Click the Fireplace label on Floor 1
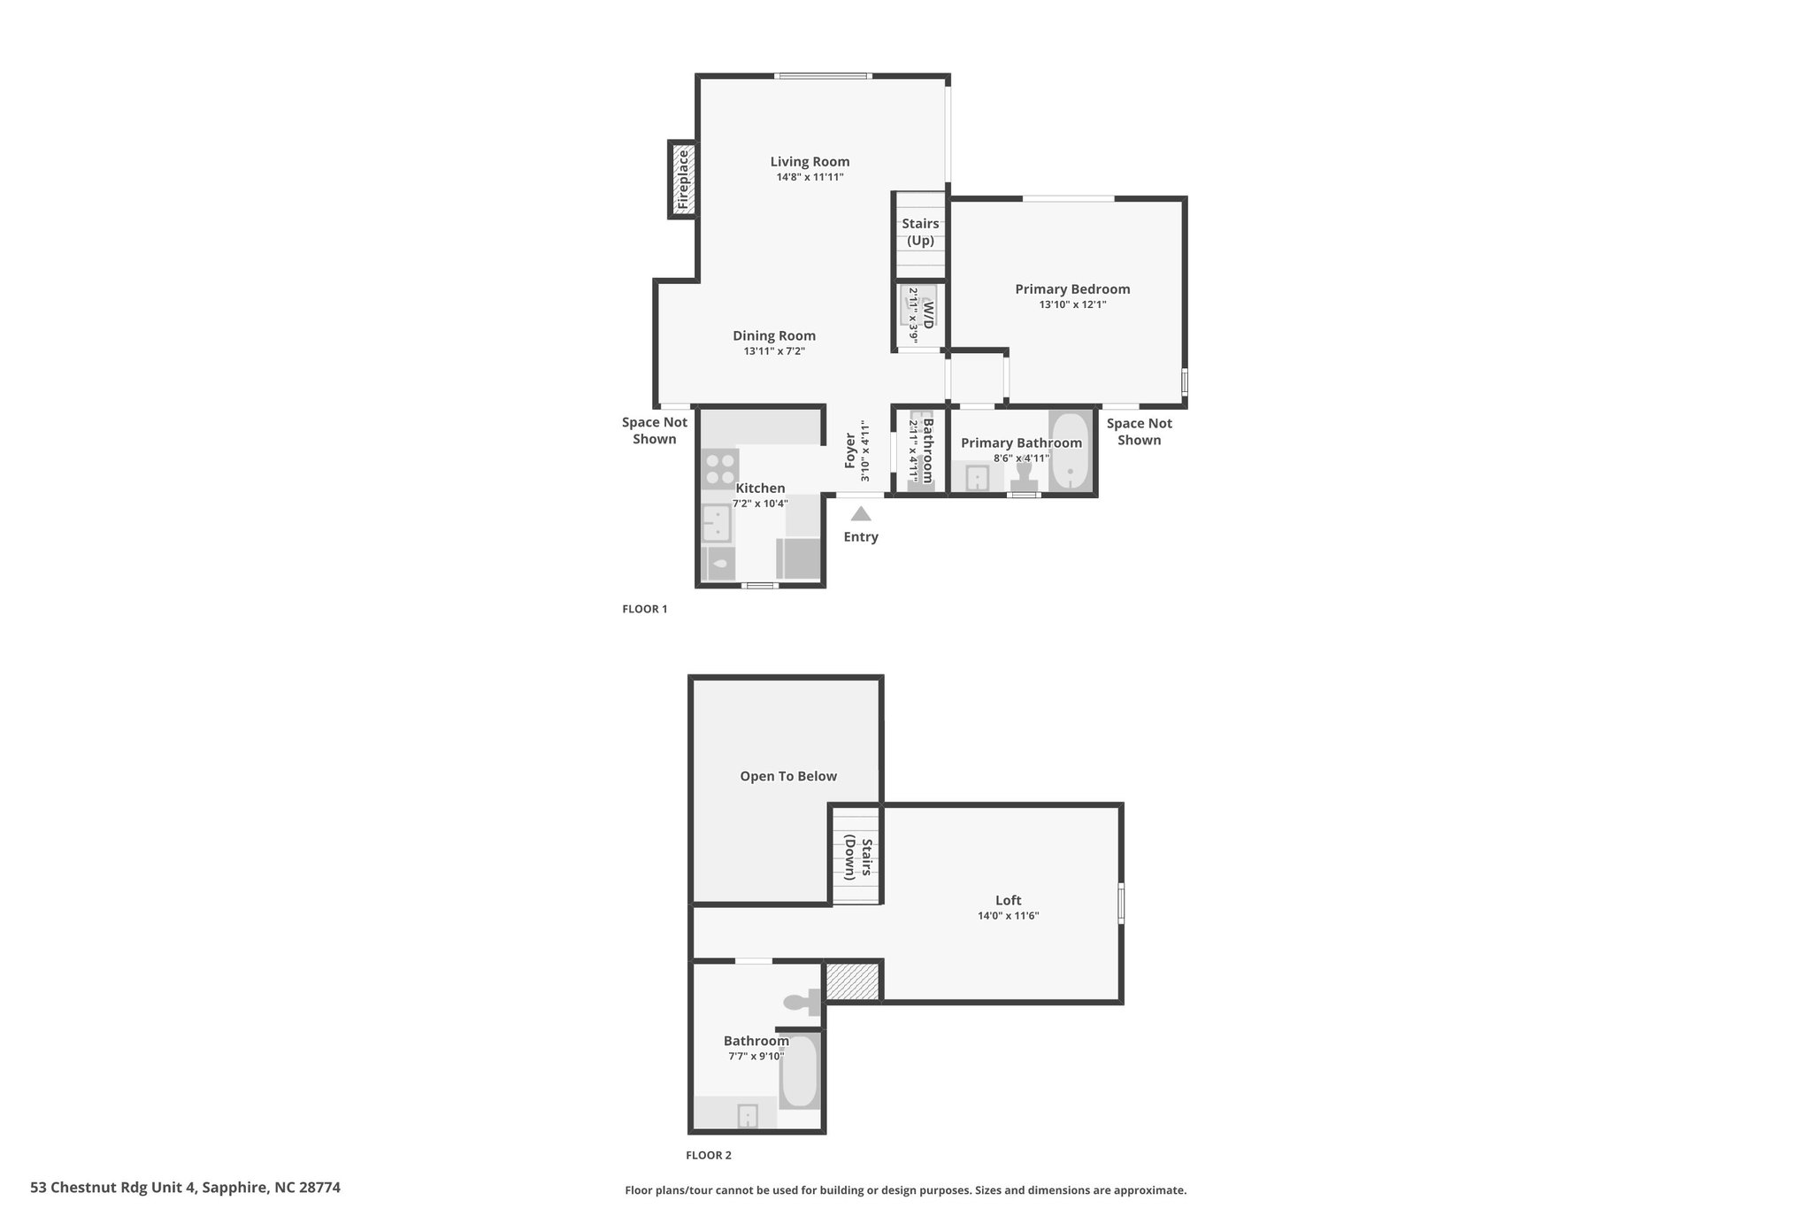(683, 180)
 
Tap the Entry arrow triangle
(861, 513)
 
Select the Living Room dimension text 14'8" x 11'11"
(810, 177)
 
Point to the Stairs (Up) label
(920, 232)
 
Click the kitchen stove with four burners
(719, 469)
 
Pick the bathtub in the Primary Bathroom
(1071, 450)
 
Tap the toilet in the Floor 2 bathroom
(802, 1002)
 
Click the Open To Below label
(788, 776)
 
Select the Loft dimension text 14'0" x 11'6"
(1008, 916)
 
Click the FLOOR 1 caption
(645, 609)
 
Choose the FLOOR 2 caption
(709, 1155)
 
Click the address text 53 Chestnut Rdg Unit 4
(113, 1188)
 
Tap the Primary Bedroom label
(1072, 289)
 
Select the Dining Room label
(774, 335)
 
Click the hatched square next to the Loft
(852, 982)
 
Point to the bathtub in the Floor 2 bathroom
(799, 1071)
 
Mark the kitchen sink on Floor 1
(717, 523)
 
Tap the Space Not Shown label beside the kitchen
(655, 431)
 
